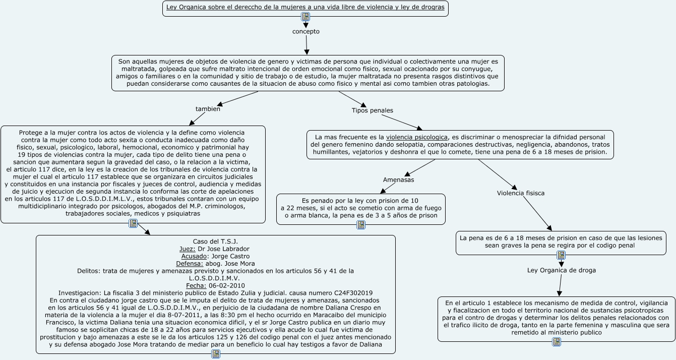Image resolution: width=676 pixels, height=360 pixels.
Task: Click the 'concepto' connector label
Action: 305,31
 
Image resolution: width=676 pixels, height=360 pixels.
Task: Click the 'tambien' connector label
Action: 208,108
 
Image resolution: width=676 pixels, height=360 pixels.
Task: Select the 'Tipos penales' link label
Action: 372,110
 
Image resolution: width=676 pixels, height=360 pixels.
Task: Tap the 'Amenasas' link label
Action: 398,179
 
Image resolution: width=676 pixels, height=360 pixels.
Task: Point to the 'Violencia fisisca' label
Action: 520,193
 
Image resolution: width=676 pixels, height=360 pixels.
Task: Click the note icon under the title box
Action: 305,17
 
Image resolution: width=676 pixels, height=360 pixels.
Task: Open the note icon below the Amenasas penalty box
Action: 361,225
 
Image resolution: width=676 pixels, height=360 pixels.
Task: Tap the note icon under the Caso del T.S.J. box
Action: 216,354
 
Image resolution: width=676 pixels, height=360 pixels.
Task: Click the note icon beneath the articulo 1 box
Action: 557,342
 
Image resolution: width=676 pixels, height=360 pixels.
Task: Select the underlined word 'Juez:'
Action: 188,249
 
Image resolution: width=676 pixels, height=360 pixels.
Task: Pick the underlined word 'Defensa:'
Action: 190,264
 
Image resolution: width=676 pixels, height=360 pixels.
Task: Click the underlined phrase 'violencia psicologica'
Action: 416,137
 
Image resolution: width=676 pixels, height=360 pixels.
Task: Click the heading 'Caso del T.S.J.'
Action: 215,242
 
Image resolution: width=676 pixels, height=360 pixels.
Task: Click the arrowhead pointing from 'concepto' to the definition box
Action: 306,52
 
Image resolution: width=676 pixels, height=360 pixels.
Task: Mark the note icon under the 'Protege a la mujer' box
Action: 133,223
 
